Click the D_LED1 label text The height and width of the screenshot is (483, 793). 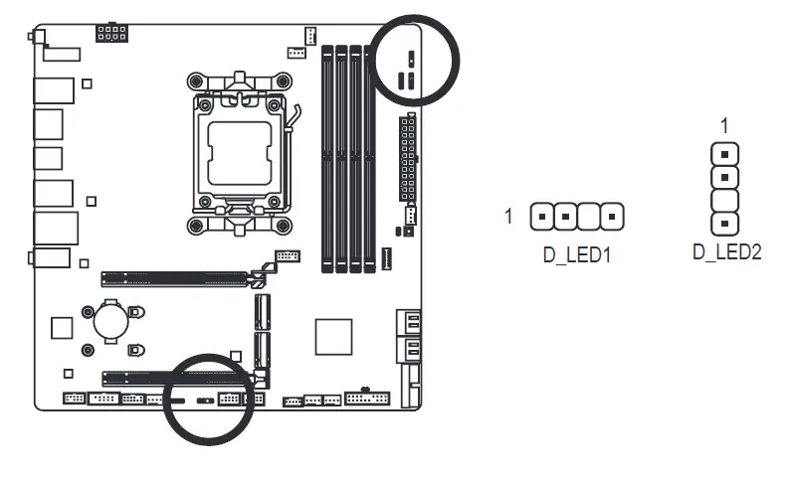pyautogui.click(x=575, y=254)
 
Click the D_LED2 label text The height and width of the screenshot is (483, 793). pyautogui.click(x=726, y=251)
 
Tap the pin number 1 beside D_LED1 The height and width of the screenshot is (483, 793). pyautogui.click(x=509, y=215)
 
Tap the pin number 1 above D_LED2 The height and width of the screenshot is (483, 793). pyautogui.click(x=725, y=125)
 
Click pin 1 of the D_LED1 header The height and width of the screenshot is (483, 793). pyautogui.click(x=542, y=215)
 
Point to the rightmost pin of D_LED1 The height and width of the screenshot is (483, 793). pyautogui.click(x=614, y=215)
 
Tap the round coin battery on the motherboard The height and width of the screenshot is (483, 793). pyautogui.click(x=108, y=319)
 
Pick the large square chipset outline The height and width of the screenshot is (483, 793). pyautogui.click(x=333, y=336)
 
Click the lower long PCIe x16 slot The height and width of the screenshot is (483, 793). pyautogui.click(x=175, y=378)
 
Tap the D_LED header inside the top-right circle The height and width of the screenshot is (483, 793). pyautogui.click(x=410, y=59)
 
